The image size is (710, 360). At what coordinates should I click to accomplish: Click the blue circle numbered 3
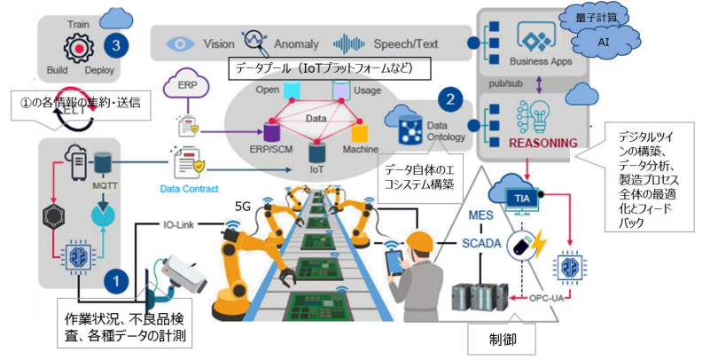tap(113, 42)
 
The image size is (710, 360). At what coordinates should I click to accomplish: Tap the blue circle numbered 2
tap(450, 100)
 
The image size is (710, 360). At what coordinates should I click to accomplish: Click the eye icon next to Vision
tap(179, 43)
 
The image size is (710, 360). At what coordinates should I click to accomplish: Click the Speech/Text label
tap(399, 43)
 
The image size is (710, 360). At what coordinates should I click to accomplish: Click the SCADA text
tap(482, 244)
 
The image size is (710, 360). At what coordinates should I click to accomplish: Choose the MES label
tap(482, 217)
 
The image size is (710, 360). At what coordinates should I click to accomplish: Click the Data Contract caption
tap(189, 189)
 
